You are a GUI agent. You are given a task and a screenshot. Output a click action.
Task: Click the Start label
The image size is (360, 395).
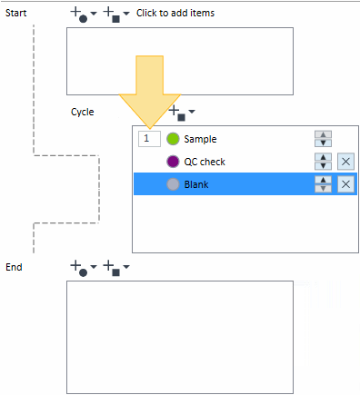[16, 13]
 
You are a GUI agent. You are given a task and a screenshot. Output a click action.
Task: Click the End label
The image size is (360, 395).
[14, 267]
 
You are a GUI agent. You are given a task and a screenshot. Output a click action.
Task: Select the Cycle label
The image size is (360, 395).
[83, 112]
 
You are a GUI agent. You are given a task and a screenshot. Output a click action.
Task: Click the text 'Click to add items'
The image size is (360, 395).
[175, 13]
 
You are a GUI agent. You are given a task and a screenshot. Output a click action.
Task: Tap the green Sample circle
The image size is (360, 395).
[173, 139]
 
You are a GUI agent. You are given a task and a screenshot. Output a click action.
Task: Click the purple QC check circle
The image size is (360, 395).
[173, 162]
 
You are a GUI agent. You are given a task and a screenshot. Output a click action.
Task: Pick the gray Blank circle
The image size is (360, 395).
[173, 184]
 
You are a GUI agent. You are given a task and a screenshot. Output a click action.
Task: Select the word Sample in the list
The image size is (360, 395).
[200, 139]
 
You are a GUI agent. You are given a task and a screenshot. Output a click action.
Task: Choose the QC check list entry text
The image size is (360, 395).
[205, 162]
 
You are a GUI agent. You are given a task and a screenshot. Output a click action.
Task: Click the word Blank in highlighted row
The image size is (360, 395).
[196, 184]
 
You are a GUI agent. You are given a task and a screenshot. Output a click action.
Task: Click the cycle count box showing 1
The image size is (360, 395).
[149, 139]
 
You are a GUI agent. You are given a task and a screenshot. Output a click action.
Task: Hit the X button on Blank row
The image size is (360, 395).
[345, 184]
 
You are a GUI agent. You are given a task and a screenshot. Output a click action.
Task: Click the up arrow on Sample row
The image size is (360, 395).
[324, 134]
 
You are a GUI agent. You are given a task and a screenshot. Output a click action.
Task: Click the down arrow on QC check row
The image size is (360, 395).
[324, 165]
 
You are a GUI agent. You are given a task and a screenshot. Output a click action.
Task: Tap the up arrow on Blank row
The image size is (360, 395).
[324, 180]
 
